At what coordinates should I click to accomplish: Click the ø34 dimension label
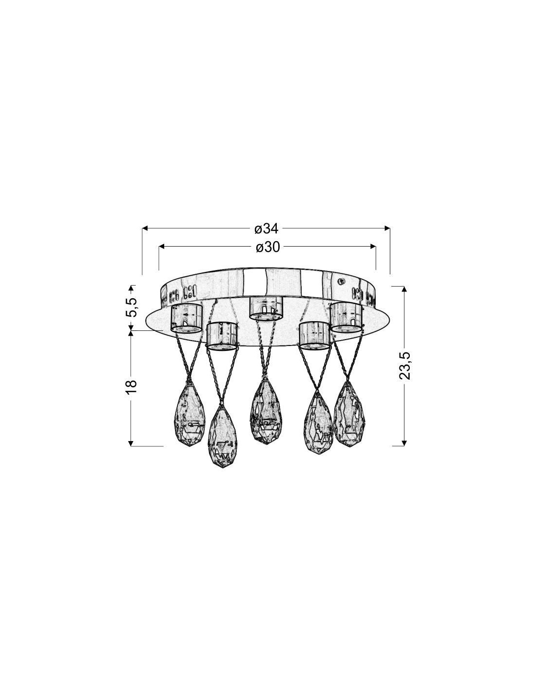(266, 229)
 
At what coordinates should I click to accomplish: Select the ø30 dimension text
(268, 247)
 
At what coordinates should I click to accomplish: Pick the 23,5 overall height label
(404, 366)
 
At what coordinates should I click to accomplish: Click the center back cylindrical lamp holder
(266, 308)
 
